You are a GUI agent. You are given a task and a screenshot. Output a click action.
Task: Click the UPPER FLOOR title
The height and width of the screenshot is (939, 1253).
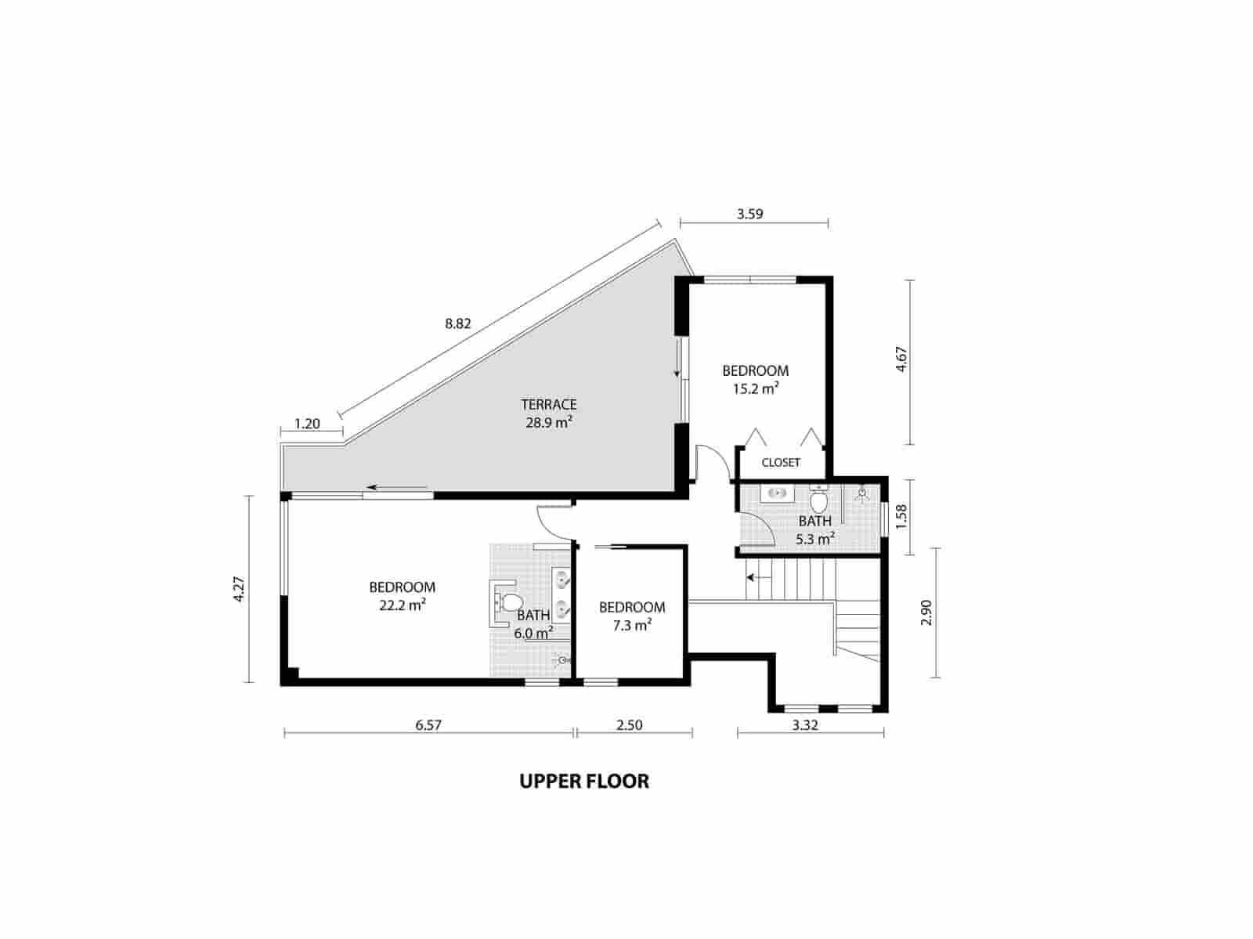click(x=584, y=782)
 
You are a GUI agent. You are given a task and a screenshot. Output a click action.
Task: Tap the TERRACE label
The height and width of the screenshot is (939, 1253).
click(x=548, y=405)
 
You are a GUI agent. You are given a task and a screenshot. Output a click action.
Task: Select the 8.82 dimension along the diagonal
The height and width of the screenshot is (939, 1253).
click(x=457, y=323)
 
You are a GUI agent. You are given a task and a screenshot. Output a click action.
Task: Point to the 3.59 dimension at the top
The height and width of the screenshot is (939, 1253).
click(x=749, y=213)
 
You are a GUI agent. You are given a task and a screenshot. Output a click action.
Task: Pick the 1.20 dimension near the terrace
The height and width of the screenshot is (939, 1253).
click(x=307, y=424)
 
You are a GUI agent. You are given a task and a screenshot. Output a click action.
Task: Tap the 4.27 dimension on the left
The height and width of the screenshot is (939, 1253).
click(x=240, y=589)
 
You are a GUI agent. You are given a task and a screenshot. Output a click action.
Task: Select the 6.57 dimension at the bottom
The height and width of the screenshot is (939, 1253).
click(x=428, y=725)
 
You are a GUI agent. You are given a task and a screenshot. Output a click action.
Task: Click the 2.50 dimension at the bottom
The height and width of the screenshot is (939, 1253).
click(x=629, y=725)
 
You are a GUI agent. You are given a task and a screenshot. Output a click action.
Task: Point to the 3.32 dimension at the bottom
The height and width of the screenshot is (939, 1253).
click(x=805, y=725)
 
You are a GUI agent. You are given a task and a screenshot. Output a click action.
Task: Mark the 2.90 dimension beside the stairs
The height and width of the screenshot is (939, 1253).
click(x=926, y=612)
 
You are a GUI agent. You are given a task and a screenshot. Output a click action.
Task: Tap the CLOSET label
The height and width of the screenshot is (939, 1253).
click(x=781, y=463)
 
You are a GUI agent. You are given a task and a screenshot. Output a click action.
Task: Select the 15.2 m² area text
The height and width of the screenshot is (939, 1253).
click(x=755, y=388)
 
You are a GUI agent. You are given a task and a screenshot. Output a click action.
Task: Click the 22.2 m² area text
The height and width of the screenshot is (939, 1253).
click(x=402, y=605)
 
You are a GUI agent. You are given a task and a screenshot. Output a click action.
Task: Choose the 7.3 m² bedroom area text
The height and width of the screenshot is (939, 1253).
click(x=631, y=625)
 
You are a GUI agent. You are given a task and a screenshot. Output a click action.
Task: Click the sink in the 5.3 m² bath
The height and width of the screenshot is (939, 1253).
click(x=777, y=493)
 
